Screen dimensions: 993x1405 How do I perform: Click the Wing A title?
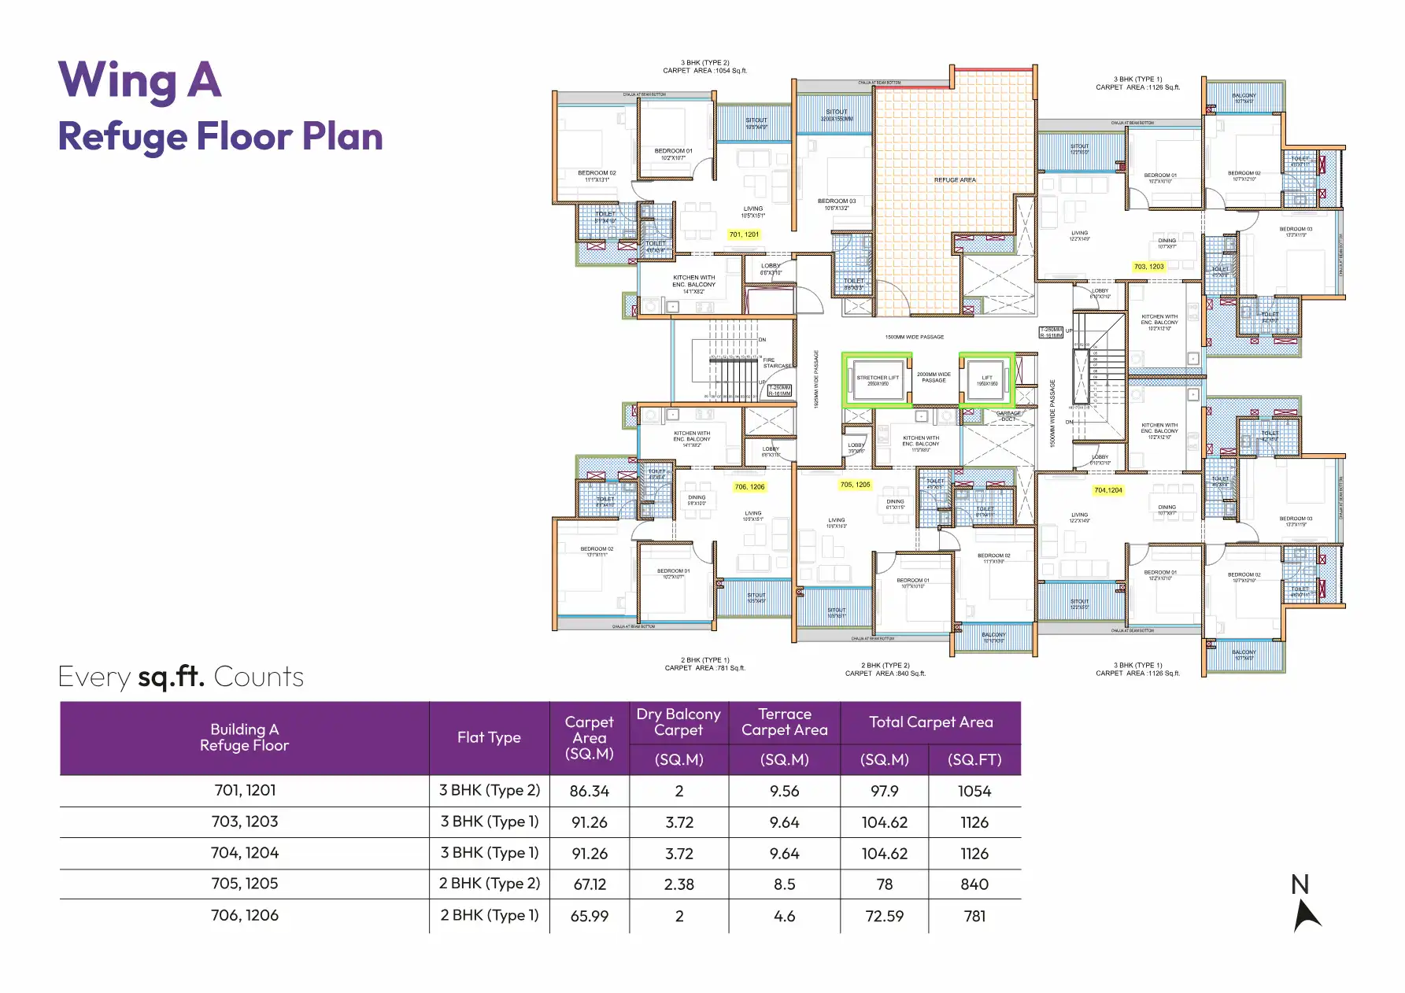click(140, 80)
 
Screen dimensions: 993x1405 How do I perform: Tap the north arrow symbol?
click(1306, 913)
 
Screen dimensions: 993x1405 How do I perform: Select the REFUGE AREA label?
click(955, 180)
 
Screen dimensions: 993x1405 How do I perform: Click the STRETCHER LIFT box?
click(878, 381)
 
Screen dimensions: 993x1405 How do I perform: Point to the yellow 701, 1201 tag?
click(744, 234)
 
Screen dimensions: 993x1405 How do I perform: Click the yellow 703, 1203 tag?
click(1148, 267)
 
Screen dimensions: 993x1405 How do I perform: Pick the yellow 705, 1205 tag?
click(855, 485)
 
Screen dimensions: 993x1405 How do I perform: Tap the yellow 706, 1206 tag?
click(749, 487)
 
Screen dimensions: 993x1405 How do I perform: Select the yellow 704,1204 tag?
click(1107, 490)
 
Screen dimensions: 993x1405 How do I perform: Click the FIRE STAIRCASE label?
click(776, 363)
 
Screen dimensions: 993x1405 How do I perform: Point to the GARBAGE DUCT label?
click(1008, 416)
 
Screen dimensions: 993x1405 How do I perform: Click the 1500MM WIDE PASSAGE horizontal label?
click(914, 337)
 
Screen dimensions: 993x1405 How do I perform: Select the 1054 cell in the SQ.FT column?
click(974, 792)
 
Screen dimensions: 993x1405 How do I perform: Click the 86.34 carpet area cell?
click(589, 792)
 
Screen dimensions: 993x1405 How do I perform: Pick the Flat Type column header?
click(489, 738)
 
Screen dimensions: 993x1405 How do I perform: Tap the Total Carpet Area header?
click(930, 722)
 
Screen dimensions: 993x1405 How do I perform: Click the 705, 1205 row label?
click(244, 884)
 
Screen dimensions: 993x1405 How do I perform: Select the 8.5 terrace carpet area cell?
click(784, 884)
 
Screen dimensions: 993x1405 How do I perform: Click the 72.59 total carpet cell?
click(884, 917)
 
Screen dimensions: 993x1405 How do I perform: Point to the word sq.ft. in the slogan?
click(171, 677)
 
